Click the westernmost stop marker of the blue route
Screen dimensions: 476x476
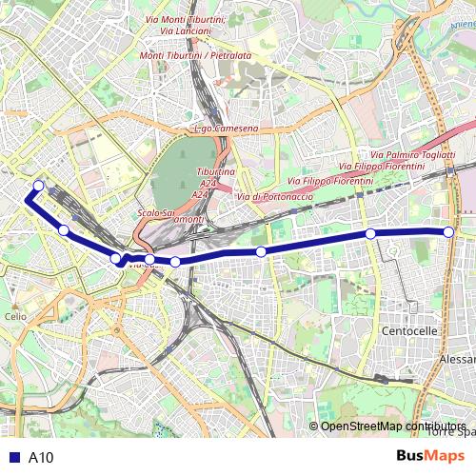39,186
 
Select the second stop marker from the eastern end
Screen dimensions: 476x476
370,234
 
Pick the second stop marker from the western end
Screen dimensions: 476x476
64,229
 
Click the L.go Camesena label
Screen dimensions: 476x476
226,129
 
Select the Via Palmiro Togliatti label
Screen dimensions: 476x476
411,154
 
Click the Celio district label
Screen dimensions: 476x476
15,316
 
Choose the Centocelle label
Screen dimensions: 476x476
408,330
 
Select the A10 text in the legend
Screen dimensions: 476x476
41,458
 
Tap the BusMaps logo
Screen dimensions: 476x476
430,457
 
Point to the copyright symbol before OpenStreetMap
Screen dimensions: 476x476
313,426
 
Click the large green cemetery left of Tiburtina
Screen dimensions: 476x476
183,171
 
